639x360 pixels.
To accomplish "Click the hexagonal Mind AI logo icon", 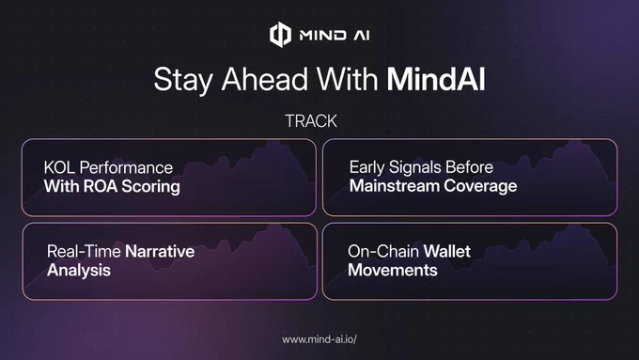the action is pos(280,35).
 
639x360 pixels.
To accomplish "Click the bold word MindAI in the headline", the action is pos(436,79).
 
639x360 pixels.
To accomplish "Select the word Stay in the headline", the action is pos(183,81).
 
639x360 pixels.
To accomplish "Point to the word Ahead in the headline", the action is pos(265,79).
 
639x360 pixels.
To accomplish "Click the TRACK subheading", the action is pos(311,121).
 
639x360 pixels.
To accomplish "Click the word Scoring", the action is pos(150,187).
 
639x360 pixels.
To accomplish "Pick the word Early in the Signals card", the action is pos(366,167).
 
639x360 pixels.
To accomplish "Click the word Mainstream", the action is pos(395,186).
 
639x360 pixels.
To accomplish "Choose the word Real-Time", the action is pos(84,251).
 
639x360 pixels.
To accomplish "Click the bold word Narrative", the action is pos(160,251).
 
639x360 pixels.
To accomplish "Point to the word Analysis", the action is pos(79,271).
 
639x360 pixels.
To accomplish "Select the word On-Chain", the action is pos(383,251).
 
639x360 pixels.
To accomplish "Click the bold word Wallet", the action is pos(447,251).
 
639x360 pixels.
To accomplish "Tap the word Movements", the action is pos(393,270).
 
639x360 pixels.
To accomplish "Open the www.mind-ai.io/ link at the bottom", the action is pos(319,339).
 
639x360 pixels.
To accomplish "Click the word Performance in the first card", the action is pos(126,167).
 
